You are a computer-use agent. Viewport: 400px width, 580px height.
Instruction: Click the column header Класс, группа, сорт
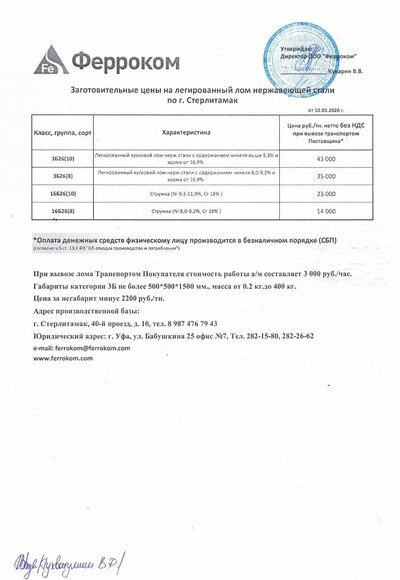pyautogui.click(x=63, y=132)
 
